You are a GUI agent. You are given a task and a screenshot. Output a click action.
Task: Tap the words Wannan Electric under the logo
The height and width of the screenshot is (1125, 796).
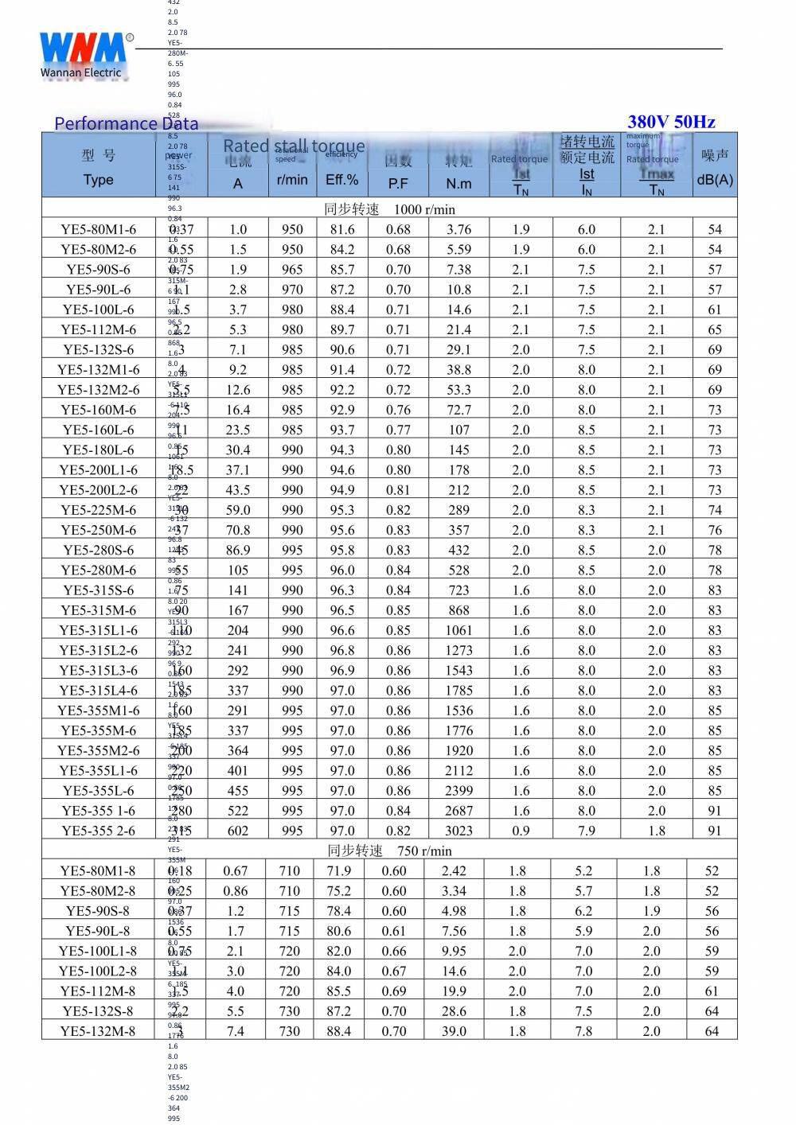pyautogui.click(x=81, y=73)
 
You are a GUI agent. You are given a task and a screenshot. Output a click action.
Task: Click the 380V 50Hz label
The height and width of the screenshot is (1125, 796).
pyautogui.click(x=671, y=122)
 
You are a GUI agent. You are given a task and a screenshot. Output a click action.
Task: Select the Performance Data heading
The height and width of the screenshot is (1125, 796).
pyautogui.click(x=126, y=123)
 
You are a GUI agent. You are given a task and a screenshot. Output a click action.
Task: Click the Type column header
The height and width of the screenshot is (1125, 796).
pyautogui.click(x=99, y=180)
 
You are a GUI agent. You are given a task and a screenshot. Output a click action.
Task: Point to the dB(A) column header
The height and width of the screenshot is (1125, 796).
pyautogui.click(x=715, y=180)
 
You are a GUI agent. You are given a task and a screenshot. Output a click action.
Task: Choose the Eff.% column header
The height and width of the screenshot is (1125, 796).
pyautogui.click(x=342, y=180)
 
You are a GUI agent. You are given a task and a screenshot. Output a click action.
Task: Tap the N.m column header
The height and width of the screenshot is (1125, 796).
pyautogui.click(x=458, y=183)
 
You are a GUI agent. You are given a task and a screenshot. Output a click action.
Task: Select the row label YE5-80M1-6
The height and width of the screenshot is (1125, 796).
pyautogui.click(x=99, y=229)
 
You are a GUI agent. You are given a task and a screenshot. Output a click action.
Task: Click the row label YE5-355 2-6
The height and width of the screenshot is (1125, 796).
pyautogui.click(x=99, y=831)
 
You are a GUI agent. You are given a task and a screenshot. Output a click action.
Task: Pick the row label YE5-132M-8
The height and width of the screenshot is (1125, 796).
pyautogui.click(x=99, y=1031)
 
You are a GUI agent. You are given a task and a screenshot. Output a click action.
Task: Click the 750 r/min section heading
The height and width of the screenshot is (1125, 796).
pyautogui.click(x=390, y=851)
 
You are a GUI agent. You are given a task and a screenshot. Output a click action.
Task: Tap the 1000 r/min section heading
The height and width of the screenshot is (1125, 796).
pyautogui.click(x=390, y=209)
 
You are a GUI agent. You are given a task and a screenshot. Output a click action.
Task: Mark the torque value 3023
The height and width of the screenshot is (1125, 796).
pyautogui.click(x=458, y=831)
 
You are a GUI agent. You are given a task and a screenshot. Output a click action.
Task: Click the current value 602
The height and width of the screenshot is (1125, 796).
pyautogui.click(x=238, y=831)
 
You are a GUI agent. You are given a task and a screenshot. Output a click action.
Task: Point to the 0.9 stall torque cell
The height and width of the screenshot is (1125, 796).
pyautogui.click(x=521, y=831)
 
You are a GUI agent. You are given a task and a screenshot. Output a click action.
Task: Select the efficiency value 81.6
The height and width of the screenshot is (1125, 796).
pyautogui.click(x=342, y=229)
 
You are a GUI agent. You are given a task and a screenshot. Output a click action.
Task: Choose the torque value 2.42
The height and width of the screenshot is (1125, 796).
pyautogui.click(x=454, y=871)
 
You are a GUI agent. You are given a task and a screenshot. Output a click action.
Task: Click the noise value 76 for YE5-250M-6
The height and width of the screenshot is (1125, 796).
pyautogui.click(x=715, y=530)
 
